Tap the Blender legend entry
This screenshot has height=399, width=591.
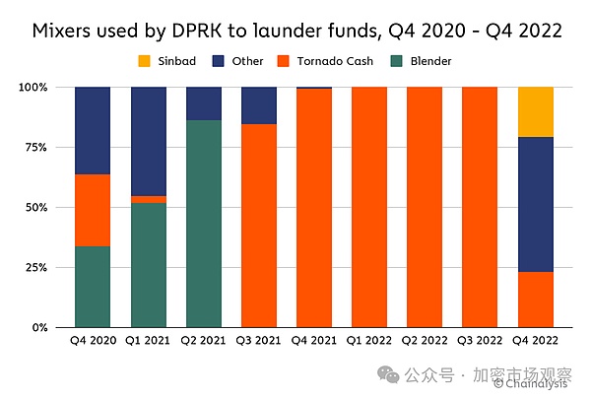426,61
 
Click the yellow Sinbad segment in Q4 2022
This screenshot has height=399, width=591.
536,111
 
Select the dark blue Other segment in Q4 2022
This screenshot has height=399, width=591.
536,204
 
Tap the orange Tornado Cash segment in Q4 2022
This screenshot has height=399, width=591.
536,299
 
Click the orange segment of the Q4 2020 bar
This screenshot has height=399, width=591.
93,210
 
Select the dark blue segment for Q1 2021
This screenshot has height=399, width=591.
148,141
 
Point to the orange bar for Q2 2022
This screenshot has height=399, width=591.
425,207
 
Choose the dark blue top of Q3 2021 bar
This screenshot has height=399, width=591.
258,104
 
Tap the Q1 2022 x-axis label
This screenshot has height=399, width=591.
369,341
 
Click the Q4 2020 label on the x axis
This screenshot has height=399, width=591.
93,341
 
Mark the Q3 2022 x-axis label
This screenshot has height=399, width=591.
481,341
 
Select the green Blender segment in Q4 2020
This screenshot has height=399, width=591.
93,287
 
